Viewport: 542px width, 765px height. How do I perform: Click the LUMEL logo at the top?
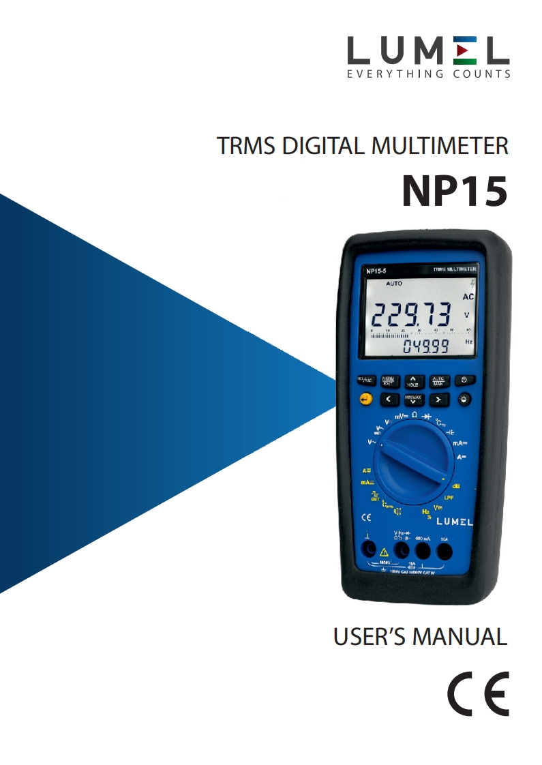pyautogui.click(x=428, y=57)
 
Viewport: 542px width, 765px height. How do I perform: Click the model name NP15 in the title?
pyautogui.click(x=454, y=191)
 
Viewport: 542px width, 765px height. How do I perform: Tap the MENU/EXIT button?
pyautogui.click(x=388, y=380)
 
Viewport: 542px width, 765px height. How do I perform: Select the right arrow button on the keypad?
pyautogui.click(x=439, y=400)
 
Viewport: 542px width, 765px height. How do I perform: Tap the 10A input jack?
pyautogui.click(x=445, y=550)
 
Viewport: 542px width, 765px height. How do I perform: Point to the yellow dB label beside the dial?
pyautogui.click(x=455, y=486)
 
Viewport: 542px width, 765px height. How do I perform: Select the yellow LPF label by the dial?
pyautogui.click(x=449, y=498)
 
